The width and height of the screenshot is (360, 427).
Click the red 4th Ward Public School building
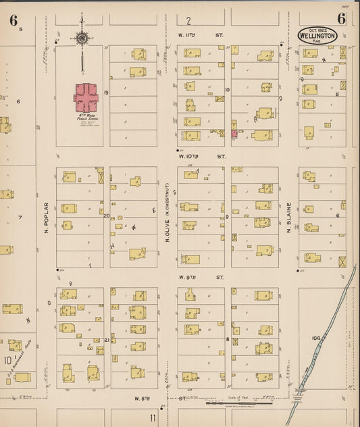(x=86, y=99)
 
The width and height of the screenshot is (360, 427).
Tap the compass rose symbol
(x=82, y=39)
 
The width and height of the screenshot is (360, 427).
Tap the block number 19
(x=106, y=91)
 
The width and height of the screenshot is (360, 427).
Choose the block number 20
(x=107, y=216)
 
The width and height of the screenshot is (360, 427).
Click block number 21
(x=107, y=340)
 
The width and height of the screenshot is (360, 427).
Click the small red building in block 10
(x=234, y=134)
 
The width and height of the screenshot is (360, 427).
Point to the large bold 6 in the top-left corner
(x=13, y=20)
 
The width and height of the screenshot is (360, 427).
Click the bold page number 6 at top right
(x=341, y=18)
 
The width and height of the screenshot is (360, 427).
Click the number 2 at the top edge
(x=189, y=21)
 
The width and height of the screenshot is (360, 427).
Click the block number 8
(x=228, y=340)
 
